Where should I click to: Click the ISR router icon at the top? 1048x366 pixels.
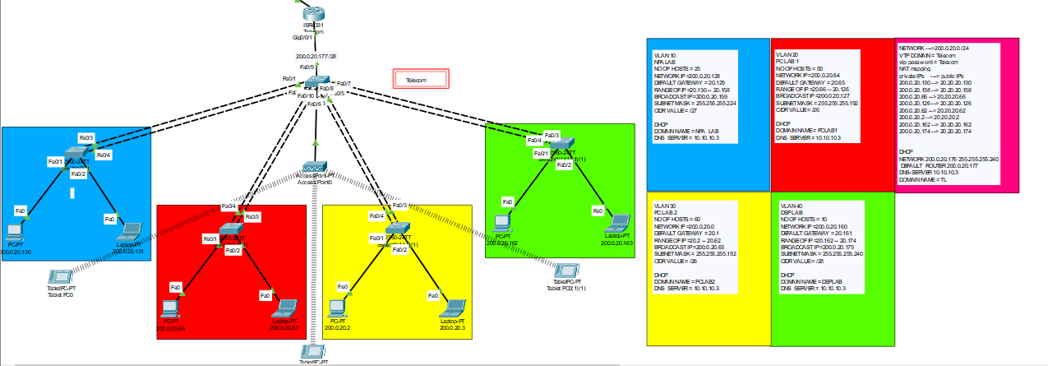click(x=315, y=12)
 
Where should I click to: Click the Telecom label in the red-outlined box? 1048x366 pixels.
click(x=421, y=80)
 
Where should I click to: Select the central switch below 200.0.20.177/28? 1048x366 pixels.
click(x=316, y=82)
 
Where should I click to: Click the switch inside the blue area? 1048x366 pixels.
click(x=76, y=154)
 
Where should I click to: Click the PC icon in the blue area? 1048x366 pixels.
click(x=14, y=231)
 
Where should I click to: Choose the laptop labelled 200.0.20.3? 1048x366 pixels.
click(x=453, y=308)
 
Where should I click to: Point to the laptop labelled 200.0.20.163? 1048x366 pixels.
click(x=617, y=224)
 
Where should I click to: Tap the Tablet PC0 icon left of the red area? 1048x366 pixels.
click(x=60, y=276)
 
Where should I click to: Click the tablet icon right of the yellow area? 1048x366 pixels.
click(x=565, y=271)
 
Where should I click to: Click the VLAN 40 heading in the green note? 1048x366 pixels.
click(x=791, y=205)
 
